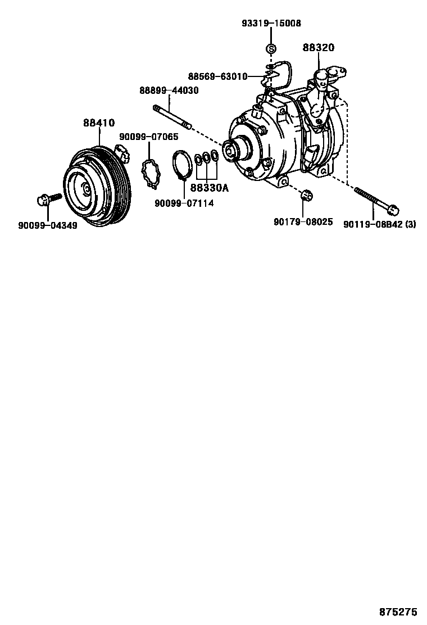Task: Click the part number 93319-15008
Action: (271, 24)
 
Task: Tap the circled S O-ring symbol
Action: (270, 49)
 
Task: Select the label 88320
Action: (319, 48)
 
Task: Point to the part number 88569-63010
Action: (217, 76)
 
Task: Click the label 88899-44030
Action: (169, 90)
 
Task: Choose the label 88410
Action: (99, 122)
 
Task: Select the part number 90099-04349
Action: (47, 225)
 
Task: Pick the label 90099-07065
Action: (148, 137)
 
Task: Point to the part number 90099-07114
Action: (186, 203)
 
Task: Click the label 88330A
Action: (209, 188)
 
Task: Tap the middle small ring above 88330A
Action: (207, 159)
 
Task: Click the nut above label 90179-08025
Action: (307, 195)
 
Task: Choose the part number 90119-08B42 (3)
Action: (380, 223)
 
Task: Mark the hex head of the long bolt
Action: (393, 210)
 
